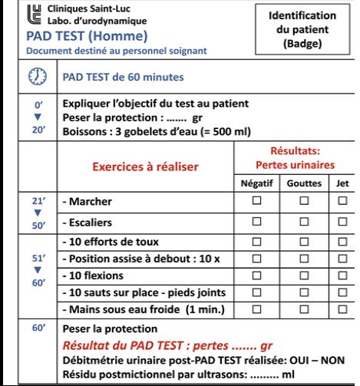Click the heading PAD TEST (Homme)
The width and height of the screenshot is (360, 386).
click(x=61, y=35)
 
